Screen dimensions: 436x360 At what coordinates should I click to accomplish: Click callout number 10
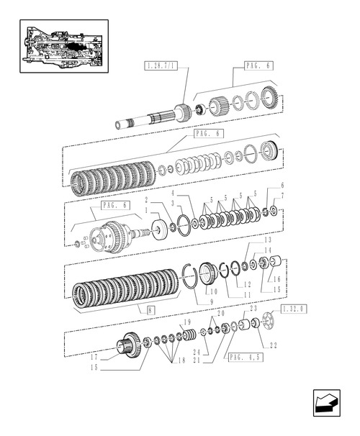[x=213, y=292]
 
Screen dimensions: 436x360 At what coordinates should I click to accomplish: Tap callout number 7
[x=282, y=196]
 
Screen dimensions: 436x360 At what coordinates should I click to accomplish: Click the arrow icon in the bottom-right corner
[x=323, y=401]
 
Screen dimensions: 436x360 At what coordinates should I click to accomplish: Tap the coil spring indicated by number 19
[x=190, y=336]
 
